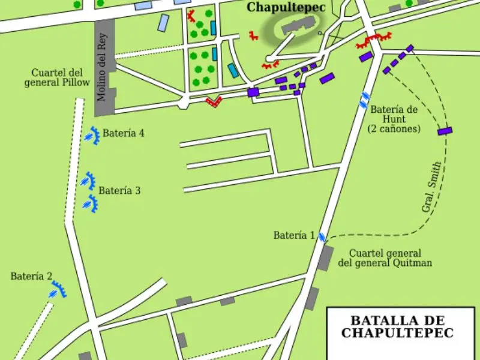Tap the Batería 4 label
pyautogui.click(x=123, y=133)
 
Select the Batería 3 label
pyautogui.click(x=119, y=191)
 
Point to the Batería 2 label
pyautogui.click(x=31, y=277)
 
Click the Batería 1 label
pyautogui.click(x=294, y=235)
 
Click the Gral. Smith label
pyautogui.click(x=431, y=187)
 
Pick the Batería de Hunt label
pyautogui.click(x=394, y=119)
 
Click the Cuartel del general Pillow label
pyautogui.click(x=56, y=77)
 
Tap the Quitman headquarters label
pyautogui.click(x=385, y=258)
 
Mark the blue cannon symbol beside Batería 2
pyautogui.click(x=58, y=291)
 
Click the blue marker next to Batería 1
pyautogui.click(x=322, y=237)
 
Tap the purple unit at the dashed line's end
pyautogui.click(x=445, y=131)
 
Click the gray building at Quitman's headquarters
pyautogui.click(x=325, y=257)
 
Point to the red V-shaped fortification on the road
pyautogui.click(x=212, y=101)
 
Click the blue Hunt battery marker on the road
pyautogui.click(x=364, y=100)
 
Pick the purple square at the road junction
pyautogui.click(x=253, y=92)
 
